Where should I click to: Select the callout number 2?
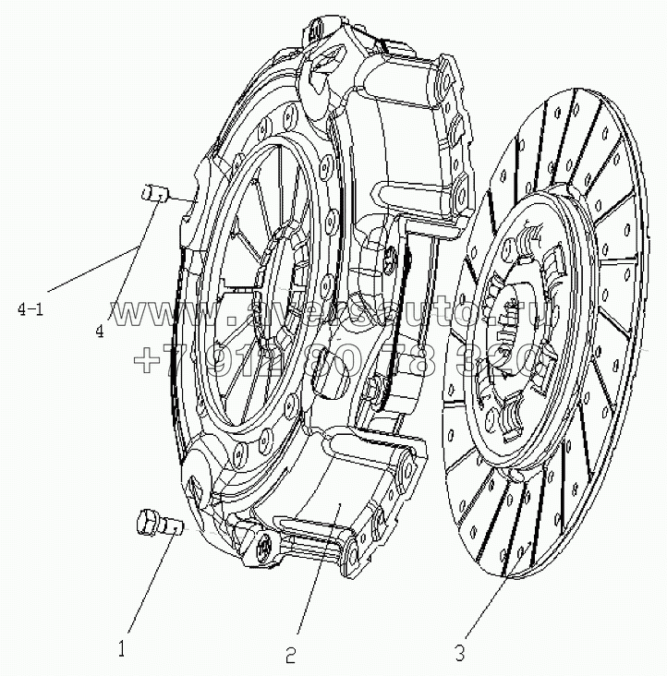[290, 657]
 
